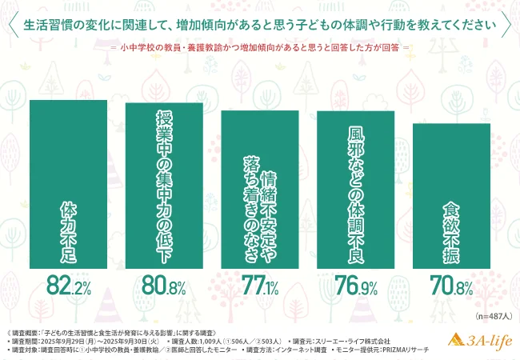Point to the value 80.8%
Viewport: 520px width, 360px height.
click(x=164, y=285)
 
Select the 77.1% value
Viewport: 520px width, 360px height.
click(x=260, y=285)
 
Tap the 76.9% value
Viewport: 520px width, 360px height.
click(x=356, y=285)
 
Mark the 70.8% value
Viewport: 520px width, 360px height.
click(x=451, y=285)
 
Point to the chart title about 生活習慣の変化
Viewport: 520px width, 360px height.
click(x=260, y=24)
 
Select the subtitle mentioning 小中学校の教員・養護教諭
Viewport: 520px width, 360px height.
click(x=260, y=47)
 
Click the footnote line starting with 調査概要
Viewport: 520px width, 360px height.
click(x=104, y=331)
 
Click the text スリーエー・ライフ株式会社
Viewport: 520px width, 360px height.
click(x=352, y=341)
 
